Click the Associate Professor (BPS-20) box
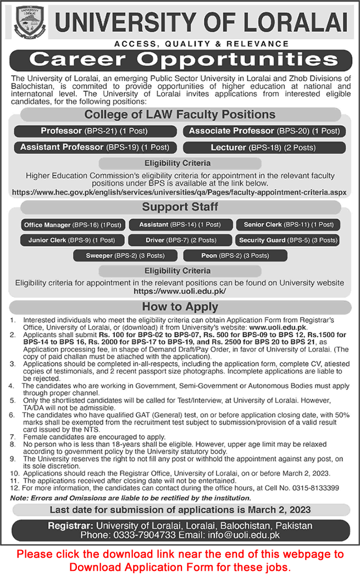(264, 131)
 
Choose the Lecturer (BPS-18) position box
(264, 147)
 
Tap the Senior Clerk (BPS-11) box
(289, 225)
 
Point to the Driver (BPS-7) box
(181, 240)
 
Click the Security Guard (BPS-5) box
(289, 240)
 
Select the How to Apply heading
(180, 307)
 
